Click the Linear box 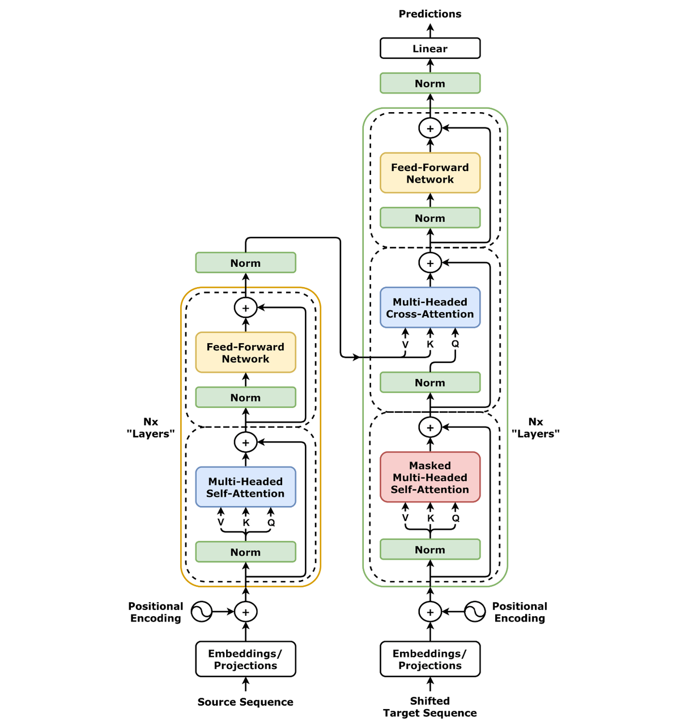pos(430,48)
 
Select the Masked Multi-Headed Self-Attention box pos(430,477)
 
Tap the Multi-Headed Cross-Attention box pos(430,308)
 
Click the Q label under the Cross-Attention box pos(455,344)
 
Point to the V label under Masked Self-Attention pos(405,518)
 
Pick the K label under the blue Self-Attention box pos(246,522)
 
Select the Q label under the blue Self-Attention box pos(271,522)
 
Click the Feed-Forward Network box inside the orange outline pos(245,352)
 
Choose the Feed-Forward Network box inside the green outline pos(430,173)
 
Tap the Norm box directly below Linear pos(430,83)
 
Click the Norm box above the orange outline pos(245,263)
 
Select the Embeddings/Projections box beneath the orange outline pos(245,659)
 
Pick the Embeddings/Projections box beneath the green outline pos(430,659)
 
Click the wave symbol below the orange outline pos(201,612)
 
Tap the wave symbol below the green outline pos(474,612)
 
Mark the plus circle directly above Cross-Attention pos(430,263)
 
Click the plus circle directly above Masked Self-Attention pos(430,427)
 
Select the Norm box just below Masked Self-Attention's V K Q pos(430,549)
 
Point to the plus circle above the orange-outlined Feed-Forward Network pos(245,308)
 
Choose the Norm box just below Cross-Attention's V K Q pos(430,382)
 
